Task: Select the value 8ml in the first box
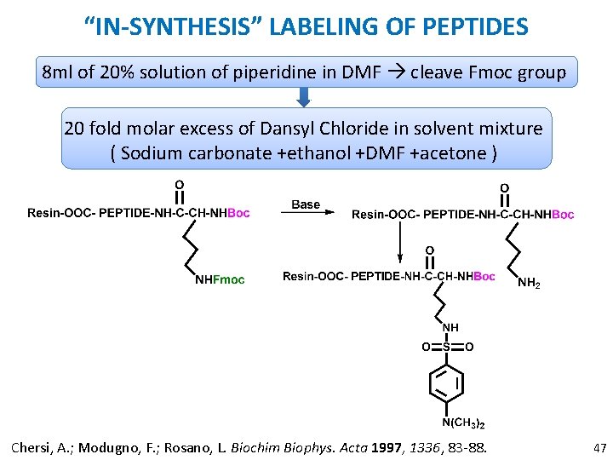(x=58, y=72)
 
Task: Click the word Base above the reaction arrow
(x=306, y=204)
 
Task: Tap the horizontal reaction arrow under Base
(x=306, y=214)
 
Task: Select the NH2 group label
(x=529, y=283)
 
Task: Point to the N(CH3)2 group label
(x=463, y=423)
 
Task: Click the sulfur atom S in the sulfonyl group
(x=446, y=347)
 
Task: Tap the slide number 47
(x=599, y=446)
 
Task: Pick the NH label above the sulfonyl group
(x=450, y=327)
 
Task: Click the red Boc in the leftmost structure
(x=238, y=213)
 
